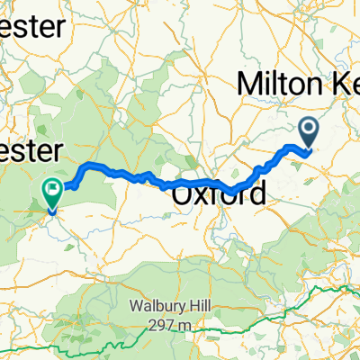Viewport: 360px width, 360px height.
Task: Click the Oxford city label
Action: coord(218,193)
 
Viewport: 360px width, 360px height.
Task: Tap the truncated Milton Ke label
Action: coord(297,83)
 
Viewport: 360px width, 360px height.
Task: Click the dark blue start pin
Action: coord(309,135)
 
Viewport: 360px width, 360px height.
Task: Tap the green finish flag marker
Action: coord(51,192)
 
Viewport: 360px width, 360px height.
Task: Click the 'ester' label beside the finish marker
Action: coord(31,148)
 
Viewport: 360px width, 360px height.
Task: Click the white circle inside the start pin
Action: coord(309,131)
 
